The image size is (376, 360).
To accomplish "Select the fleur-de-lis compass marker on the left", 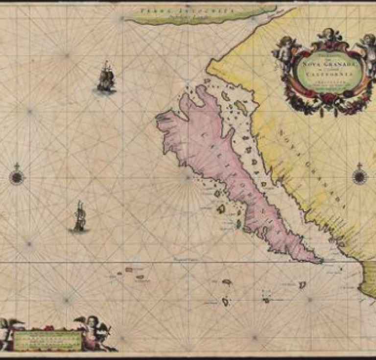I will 17,175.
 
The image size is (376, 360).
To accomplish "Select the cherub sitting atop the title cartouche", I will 325,38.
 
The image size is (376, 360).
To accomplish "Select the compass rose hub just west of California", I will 187,179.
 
